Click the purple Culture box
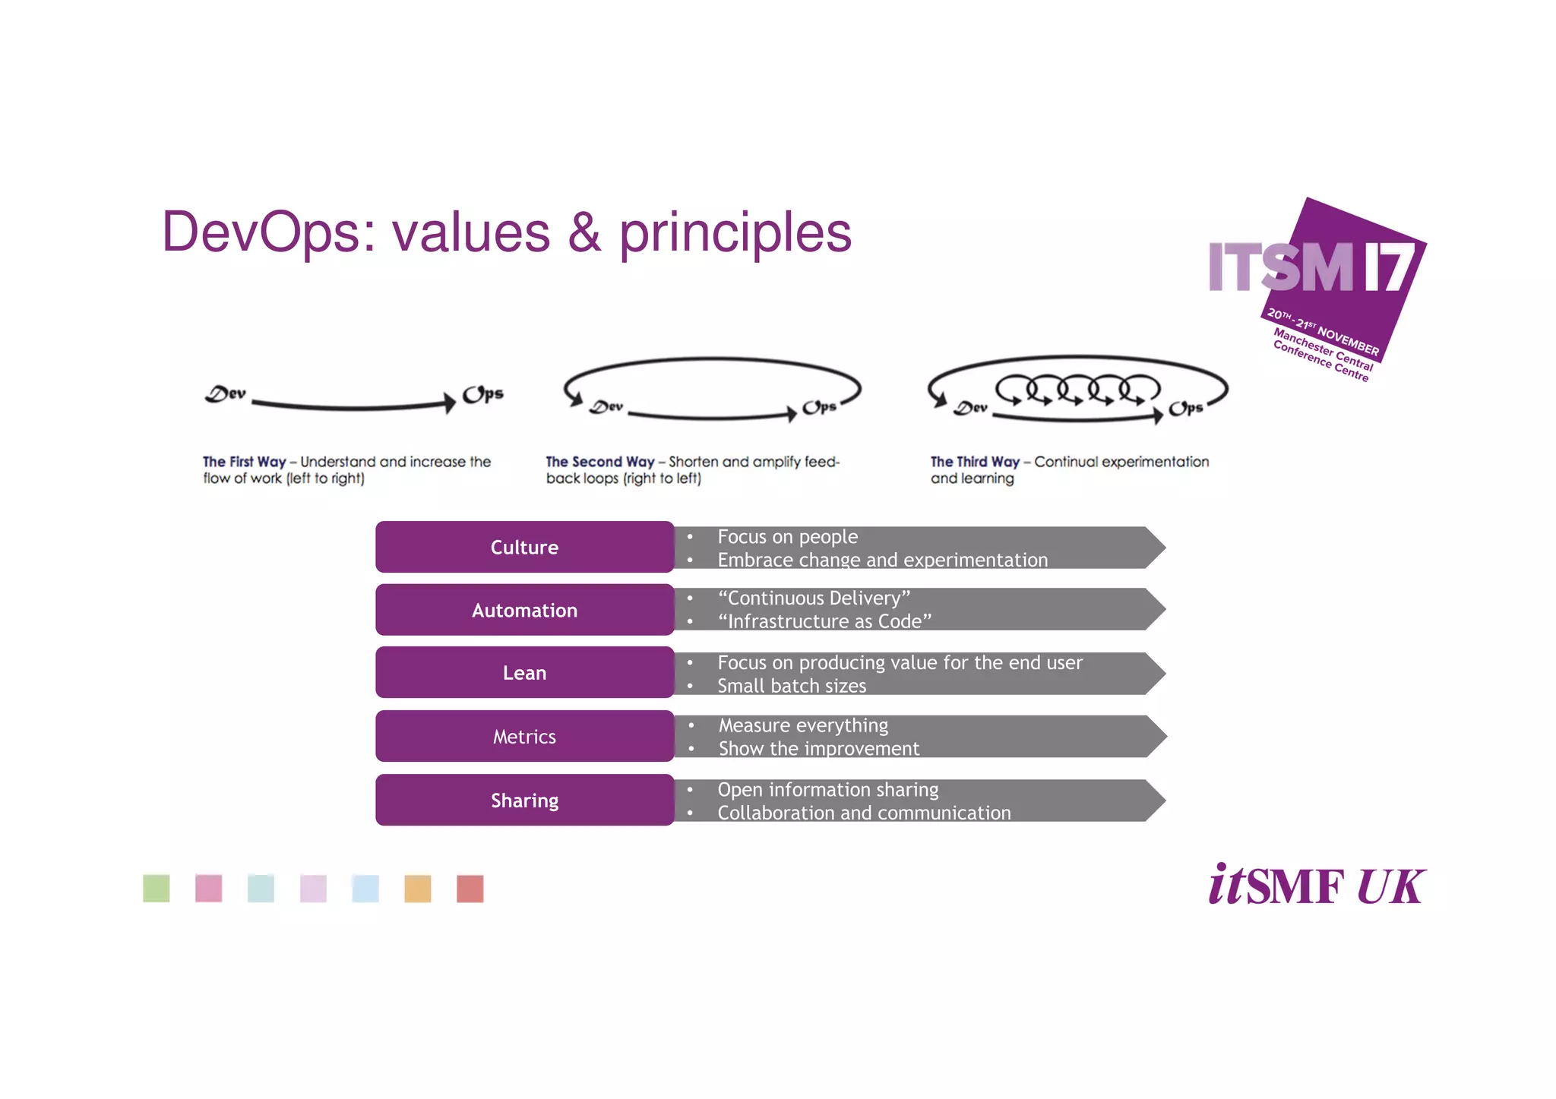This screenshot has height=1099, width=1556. click(x=524, y=547)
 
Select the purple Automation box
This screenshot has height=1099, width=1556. click(x=524, y=610)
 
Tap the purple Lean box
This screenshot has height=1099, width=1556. click(x=524, y=672)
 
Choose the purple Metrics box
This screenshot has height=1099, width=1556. click(x=524, y=736)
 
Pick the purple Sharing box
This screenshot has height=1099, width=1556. click(x=524, y=800)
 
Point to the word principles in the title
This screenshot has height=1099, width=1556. click(x=735, y=233)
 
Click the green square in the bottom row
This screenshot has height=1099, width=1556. click(x=157, y=888)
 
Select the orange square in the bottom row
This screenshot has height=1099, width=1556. click(x=417, y=888)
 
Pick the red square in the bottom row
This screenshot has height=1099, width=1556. click(x=470, y=888)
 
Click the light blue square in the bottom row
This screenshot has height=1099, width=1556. click(x=365, y=888)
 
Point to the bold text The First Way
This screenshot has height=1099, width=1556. click(x=244, y=462)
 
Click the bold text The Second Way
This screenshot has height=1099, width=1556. click(x=599, y=462)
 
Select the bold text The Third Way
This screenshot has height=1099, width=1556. click(x=975, y=462)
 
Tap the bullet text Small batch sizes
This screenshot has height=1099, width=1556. click(x=792, y=686)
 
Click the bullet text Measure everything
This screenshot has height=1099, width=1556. click(x=803, y=725)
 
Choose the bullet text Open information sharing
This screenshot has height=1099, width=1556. click(x=828, y=790)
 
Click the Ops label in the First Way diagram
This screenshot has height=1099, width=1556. click(x=483, y=394)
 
